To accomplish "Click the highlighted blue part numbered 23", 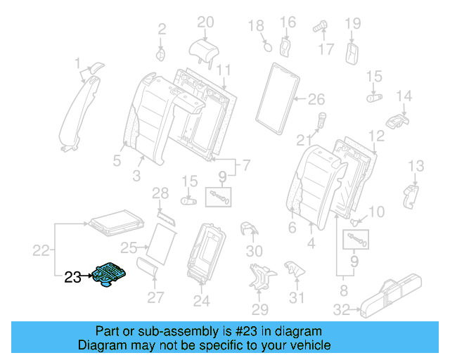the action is pyautogui.click(x=109, y=274).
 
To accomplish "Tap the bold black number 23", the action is pyautogui.click(x=72, y=277).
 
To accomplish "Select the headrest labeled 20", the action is pyautogui.click(x=204, y=52).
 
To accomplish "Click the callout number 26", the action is pyautogui.click(x=316, y=99).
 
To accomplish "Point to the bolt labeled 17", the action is pyautogui.click(x=321, y=26).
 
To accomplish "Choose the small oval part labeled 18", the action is pyautogui.click(x=267, y=47).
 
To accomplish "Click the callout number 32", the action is pyautogui.click(x=342, y=310).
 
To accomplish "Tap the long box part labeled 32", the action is pyautogui.click(x=391, y=296).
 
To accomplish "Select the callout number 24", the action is pyautogui.click(x=202, y=301).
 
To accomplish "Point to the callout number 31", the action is pyautogui.click(x=297, y=298).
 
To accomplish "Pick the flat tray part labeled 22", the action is pyautogui.click(x=116, y=223).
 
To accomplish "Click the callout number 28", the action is pyautogui.click(x=160, y=193).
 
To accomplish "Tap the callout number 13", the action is pyautogui.click(x=416, y=166).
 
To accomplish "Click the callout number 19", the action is pyautogui.click(x=353, y=23).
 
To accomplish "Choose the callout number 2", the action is pyautogui.click(x=162, y=30).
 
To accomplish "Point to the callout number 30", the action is pyautogui.click(x=255, y=252).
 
